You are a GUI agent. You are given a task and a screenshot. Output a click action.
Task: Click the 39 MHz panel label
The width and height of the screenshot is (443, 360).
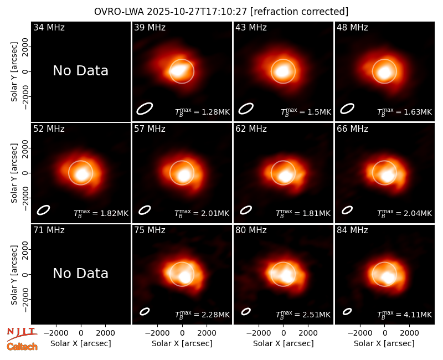(150, 27)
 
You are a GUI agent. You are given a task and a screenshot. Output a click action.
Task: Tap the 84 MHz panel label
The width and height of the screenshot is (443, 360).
(352, 230)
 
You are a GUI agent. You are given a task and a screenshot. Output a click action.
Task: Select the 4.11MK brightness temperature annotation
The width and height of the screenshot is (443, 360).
(404, 315)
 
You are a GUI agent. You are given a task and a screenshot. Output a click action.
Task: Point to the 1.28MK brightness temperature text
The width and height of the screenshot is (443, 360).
(202, 112)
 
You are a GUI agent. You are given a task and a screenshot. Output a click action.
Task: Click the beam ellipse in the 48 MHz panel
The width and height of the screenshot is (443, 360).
(347, 109)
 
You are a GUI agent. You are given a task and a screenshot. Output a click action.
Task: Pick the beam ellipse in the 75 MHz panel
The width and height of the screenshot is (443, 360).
(145, 311)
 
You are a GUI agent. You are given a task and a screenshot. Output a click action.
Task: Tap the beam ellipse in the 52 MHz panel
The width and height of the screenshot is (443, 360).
(43, 210)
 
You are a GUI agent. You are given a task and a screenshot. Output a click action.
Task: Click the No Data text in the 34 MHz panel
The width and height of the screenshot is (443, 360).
(80, 71)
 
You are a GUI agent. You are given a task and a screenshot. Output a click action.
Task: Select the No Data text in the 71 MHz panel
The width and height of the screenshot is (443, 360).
(80, 273)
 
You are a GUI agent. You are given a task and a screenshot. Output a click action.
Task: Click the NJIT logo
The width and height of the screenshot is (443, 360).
(22, 333)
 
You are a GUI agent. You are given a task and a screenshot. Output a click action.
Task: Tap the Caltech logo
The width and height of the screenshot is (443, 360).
(22, 347)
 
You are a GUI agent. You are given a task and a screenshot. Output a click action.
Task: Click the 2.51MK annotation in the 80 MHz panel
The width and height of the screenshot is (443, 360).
(303, 315)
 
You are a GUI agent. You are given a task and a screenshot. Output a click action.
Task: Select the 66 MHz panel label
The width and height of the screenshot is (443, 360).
(352, 129)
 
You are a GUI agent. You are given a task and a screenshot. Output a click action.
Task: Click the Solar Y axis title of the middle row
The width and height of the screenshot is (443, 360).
(14, 173)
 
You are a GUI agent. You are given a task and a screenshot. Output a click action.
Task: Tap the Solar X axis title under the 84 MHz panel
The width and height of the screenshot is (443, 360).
(384, 343)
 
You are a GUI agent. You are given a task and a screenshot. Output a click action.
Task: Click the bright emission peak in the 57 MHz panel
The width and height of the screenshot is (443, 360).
(184, 175)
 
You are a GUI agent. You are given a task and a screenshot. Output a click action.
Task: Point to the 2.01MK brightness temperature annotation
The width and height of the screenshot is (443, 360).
(202, 213)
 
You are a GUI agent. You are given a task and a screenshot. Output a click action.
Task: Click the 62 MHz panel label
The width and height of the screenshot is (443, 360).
(251, 129)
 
